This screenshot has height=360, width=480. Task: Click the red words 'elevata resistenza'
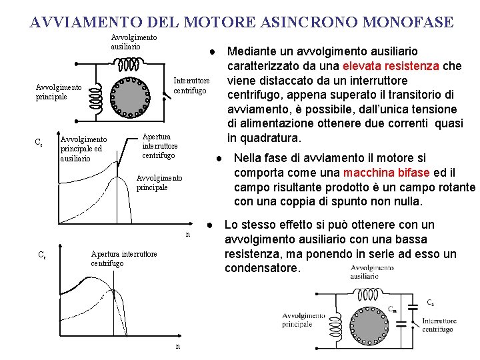pyautogui.click(x=391, y=65)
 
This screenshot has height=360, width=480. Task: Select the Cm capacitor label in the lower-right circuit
pyautogui.click(x=393, y=309)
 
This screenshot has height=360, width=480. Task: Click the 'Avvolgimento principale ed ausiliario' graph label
pyautogui.click(x=83, y=149)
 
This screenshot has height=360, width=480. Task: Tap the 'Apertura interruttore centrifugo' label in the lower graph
pyautogui.click(x=123, y=258)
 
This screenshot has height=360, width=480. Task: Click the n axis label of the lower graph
pyautogui.click(x=177, y=347)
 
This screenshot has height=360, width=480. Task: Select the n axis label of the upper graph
pyautogui.click(x=188, y=235)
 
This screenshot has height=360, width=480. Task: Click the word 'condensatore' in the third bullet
pyautogui.click(x=263, y=268)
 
